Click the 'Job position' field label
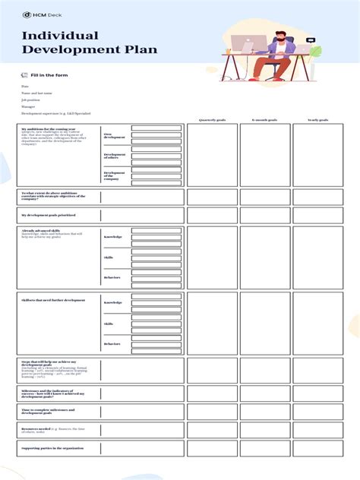click(31, 99)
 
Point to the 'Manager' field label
click(28, 106)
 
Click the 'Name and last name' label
click(37, 93)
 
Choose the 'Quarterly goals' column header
click(212, 120)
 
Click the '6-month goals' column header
click(264, 120)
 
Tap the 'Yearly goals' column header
click(317, 120)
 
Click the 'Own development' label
click(113, 136)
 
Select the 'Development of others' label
click(115, 156)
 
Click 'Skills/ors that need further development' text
click(53, 300)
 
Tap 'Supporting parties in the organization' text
click(52, 448)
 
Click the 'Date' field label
click(25, 87)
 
